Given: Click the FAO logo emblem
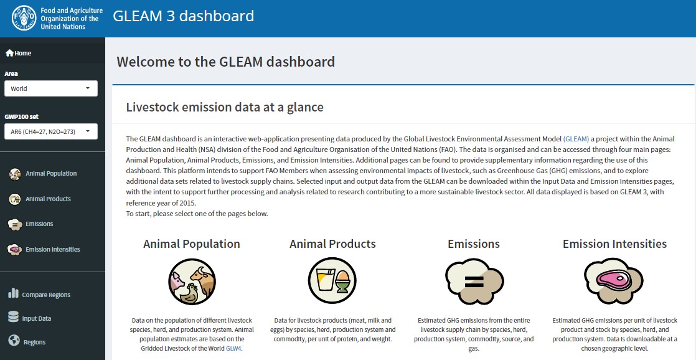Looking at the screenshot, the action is coord(24,18).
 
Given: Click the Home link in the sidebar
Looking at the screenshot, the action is coord(18,54).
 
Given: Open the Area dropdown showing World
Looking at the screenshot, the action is coord(51,88).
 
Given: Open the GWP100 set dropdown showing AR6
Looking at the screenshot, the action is coord(51,131).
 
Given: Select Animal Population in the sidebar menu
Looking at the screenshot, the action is coord(42,174).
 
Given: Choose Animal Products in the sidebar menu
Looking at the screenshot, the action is coord(39,199).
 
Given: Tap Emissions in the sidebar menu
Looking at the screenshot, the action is coord(31,224).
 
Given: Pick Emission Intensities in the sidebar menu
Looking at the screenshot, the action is coord(44,250).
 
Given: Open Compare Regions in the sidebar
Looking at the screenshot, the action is coord(39,295).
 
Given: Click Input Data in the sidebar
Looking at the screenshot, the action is coord(29,318).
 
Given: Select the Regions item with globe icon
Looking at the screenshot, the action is coord(27,342).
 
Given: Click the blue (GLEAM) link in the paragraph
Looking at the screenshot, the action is coord(576,139).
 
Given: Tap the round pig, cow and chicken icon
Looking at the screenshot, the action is coord(192,282).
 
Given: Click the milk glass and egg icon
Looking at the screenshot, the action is coord(332,280).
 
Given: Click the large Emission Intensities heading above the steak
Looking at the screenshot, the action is coord(615,244).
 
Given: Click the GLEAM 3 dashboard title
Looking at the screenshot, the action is coord(183,16).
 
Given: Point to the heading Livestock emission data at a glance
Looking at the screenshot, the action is coord(225,107).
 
